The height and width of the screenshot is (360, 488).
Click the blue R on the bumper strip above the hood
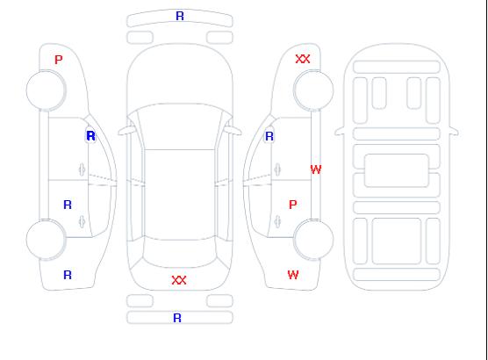(x=180, y=16)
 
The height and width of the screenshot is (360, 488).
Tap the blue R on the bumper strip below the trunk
(x=177, y=318)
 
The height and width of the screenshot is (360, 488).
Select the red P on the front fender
(x=58, y=60)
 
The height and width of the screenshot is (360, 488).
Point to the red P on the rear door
(x=292, y=205)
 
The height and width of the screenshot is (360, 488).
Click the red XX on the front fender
(x=303, y=59)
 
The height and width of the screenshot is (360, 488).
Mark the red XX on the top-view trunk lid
(x=179, y=280)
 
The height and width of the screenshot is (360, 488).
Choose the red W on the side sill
(x=316, y=169)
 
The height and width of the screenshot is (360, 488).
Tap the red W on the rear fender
(x=293, y=275)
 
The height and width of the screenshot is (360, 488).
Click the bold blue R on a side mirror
(x=91, y=136)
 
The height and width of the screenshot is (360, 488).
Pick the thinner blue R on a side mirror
(x=269, y=136)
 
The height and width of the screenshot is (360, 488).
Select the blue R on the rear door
(x=68, y=205)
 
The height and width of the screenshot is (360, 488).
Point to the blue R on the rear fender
(x=68, y=275)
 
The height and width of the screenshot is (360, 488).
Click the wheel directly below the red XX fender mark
(x=313, y=90)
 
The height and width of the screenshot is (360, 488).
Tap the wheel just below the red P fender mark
(x=46, y=90)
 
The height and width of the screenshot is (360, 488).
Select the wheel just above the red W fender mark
(x=313, y=239)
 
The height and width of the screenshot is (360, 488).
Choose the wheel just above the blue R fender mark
(x=46, y=240)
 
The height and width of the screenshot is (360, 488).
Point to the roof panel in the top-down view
(x=180, y=195)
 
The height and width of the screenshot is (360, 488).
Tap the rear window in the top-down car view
(x=180, y=253)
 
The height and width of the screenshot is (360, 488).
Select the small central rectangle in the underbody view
(x=396, y=170)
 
